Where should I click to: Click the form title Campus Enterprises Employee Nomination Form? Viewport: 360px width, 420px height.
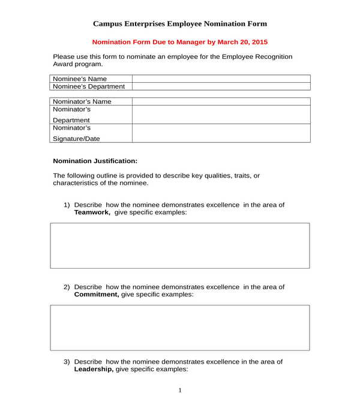click(x=180, y=23)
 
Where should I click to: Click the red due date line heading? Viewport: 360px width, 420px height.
click(x=180, y=43)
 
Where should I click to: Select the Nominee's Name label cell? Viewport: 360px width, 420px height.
click(x=91, y=79)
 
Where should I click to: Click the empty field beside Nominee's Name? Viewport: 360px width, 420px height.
click(x=221, y=79)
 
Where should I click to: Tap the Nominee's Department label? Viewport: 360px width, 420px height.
click(x=91, y=86)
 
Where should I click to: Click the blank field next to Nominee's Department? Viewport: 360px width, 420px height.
click(x=221, y=86)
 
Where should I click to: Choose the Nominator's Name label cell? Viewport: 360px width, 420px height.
click(x=91, y=101)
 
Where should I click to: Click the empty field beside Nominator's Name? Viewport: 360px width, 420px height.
click(x=221, y=101)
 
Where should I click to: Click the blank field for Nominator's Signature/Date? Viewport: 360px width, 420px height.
click(x=221, y=133)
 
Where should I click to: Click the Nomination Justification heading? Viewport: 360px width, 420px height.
click(x=95, y=161)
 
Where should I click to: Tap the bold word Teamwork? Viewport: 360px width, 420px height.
click(x=92, y=212)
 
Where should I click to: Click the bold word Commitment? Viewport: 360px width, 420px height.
click(x=96, y=295)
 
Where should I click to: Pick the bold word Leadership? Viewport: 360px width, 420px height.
click(x=94, y=370)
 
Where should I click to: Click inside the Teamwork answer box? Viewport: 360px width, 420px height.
click(x=180, y=246)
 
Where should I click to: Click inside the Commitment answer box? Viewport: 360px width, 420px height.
click(x=180, y=328)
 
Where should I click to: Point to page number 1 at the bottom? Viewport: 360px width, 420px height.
click(x=180, y=391)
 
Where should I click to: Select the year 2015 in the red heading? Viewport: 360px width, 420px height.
click(x=259, y=43)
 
